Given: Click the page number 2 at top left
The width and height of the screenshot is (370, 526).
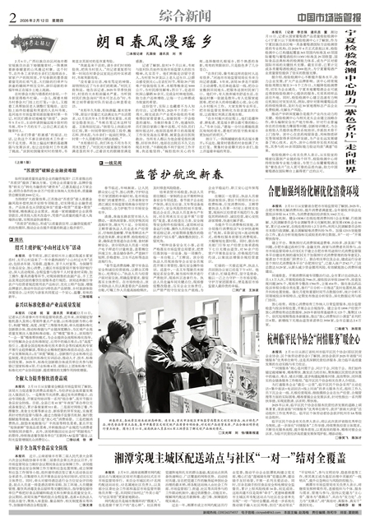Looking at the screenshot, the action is (12, 10).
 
